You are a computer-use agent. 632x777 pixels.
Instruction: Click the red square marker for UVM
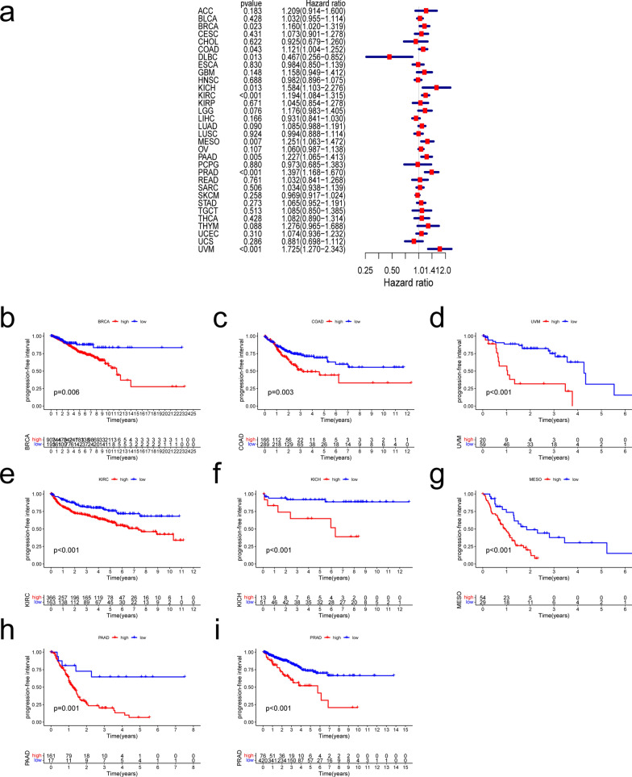(441, 250)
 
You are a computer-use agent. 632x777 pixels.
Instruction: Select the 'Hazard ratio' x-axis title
(410, 282)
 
